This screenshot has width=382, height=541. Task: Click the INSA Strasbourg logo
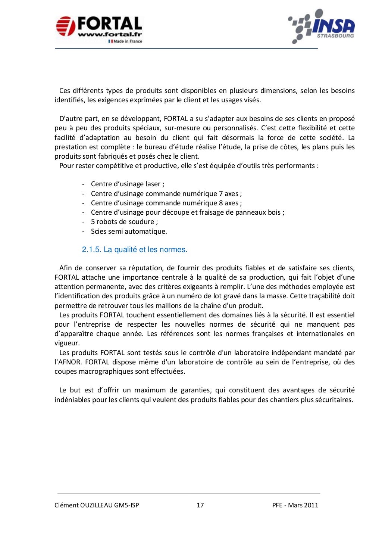tap(322, 27)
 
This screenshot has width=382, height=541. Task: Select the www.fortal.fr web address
tap(110, 35)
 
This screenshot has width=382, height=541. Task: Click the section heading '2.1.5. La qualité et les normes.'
tap(134, 249)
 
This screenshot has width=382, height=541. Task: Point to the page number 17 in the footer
tap(200, 505)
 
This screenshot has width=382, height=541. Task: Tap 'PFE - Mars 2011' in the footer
tap(295, 505)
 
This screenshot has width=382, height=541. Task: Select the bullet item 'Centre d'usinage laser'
tap(127, 184)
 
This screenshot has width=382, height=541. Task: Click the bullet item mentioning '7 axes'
tap(166, 193)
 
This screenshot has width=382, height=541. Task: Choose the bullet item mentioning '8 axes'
tap(166, 203)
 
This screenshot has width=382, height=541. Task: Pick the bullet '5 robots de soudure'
tap(124, 221)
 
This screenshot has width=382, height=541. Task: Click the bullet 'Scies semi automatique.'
tap(129, 231)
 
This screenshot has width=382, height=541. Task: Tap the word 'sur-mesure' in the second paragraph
tap(181, 128)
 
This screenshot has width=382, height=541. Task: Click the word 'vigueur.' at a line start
tap(67, 343)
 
